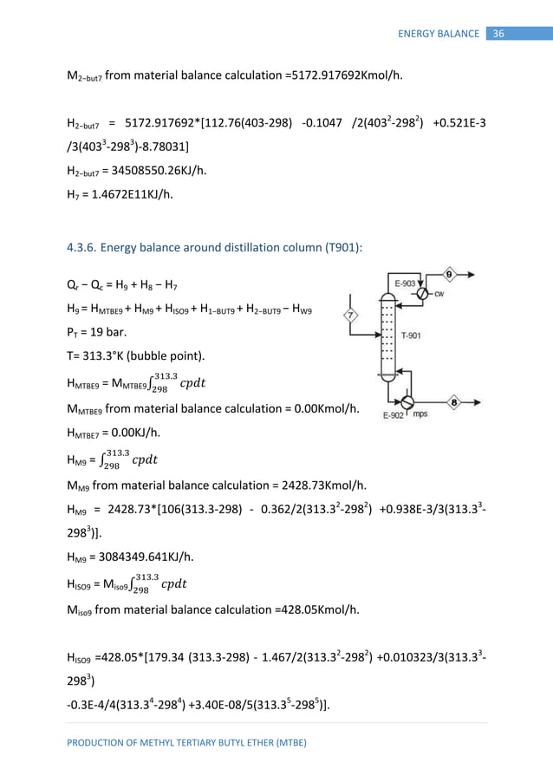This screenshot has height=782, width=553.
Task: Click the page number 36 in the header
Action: click(x=498, y=34)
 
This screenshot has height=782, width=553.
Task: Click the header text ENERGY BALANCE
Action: click(x=439, y=34)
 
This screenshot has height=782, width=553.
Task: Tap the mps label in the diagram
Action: click(x=421, y=415)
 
